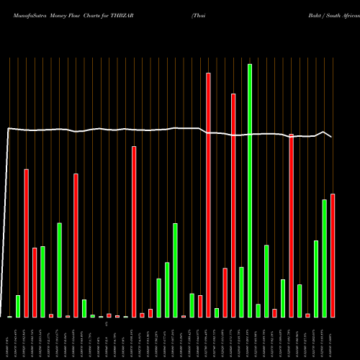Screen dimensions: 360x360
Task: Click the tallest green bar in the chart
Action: (x=250, y=191)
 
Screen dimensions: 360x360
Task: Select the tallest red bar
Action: (x=208, y=194)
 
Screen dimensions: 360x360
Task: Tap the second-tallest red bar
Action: (x=233, y=205)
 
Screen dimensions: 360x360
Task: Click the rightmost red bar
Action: (x=333, y=256)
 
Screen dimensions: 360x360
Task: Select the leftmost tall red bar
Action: (x=26, y=243)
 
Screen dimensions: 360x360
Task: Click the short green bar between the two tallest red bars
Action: (x=217, y=312)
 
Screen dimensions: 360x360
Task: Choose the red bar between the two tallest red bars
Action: (x=225, y=292)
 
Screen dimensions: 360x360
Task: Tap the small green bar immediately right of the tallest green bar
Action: (x=258, y=310)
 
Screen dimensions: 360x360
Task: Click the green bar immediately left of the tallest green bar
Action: (x=241, y=292)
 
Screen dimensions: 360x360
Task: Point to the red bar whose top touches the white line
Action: (x=291, y=225)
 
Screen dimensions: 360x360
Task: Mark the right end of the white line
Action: (x=331, y=136)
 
